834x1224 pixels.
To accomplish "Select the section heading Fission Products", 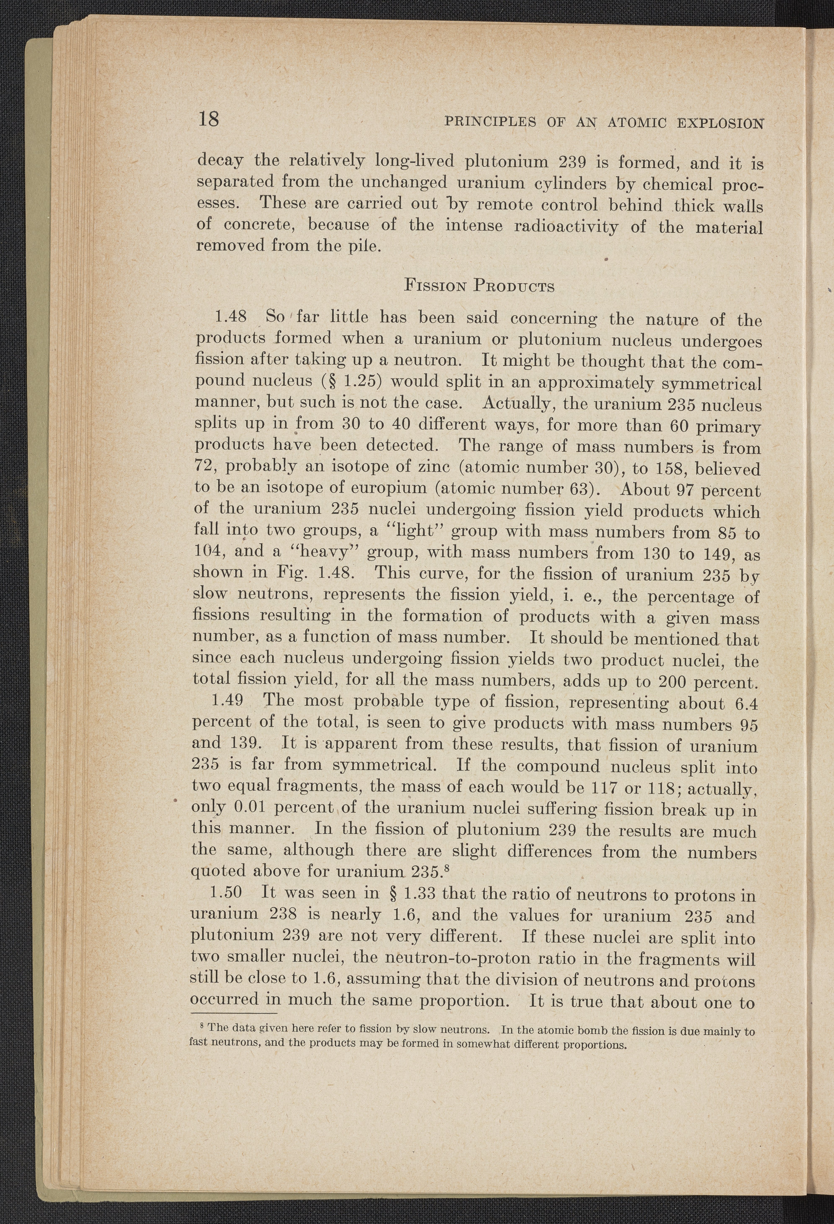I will [x=478, y=287].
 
